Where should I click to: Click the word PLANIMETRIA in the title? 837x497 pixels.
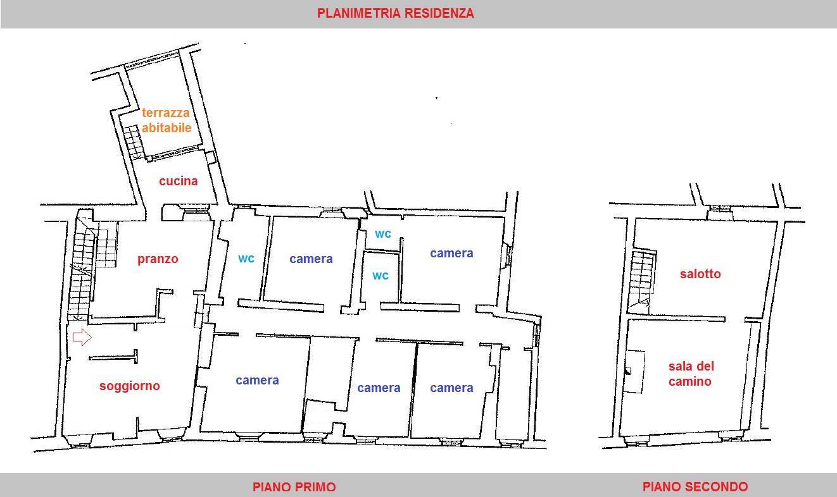pyautogui.click(x=359, y=13)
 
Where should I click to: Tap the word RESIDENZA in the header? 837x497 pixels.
pyautogui.click(x=439, y=13)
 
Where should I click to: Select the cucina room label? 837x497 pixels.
pyautogui.click(x=179, y=181)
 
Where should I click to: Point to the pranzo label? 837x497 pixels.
pyautogui.click(x=158, y=259)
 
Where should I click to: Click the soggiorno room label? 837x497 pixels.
pyautogui.click(x=130, y=386)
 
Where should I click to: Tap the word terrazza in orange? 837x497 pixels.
pyautogui.click(x=165, y=113)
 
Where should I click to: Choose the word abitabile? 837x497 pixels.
pyautogui.click(x=167, y=128)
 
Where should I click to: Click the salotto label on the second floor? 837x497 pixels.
pyautogui.click(x=700, y=274)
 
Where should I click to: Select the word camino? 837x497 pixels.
pyautogui.click(x=689, y=381)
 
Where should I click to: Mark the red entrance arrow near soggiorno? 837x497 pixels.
pyautogui.click(x=82, y=337)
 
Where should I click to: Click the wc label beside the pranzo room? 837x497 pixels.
pyautogui.click(x=246, y=258)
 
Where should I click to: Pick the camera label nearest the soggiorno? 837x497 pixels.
pyautogui.click(x=257, y=380)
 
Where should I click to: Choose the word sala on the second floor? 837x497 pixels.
pyautogui.click(x=680, y=366)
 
